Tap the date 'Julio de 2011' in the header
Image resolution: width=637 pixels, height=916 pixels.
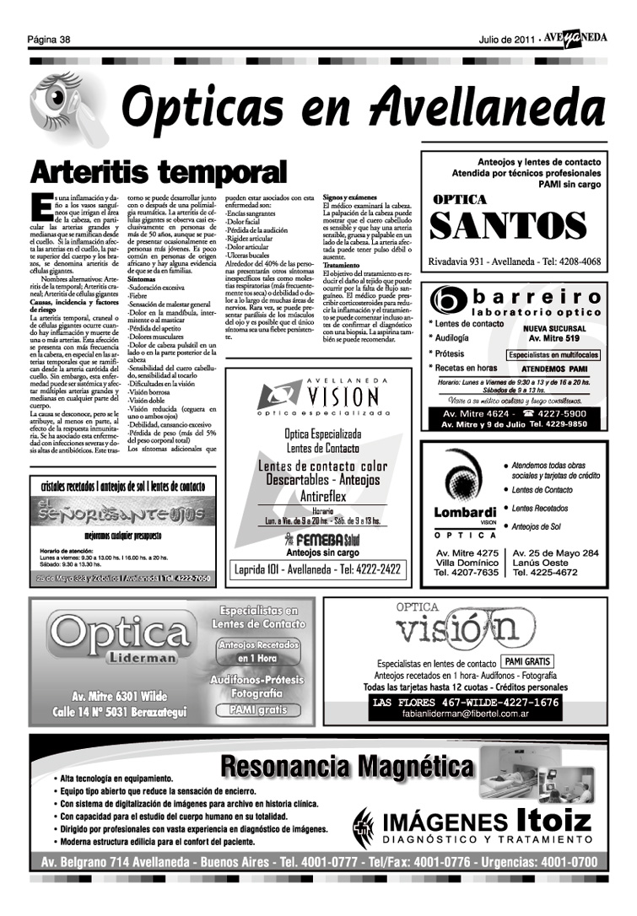pos(506,40)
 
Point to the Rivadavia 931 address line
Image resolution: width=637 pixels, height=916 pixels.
pos(515,261)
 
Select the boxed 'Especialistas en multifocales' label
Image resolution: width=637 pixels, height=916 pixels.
pos(553,355)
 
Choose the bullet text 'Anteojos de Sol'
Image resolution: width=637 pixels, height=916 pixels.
pos(541,527)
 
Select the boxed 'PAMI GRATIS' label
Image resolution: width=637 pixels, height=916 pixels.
pos(527,661)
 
